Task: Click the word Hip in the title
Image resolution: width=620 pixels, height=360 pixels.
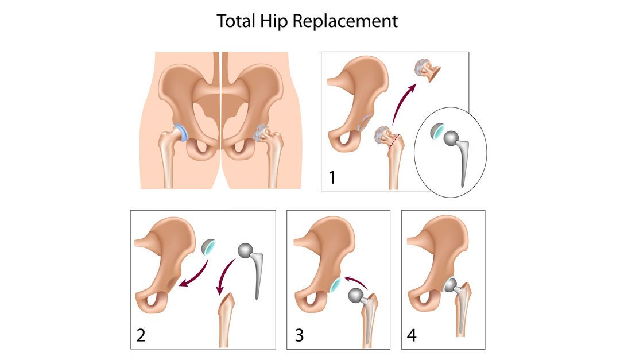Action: [x=276, y=21]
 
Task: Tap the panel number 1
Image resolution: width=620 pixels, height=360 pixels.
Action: [x=332, y=177]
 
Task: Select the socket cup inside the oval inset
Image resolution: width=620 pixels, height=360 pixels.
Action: [x=438, y=133]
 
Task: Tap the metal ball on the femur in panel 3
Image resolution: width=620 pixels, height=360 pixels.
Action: [x=356, y=295]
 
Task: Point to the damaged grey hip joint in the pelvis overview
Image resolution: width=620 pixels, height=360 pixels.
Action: [x=262, y=134]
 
